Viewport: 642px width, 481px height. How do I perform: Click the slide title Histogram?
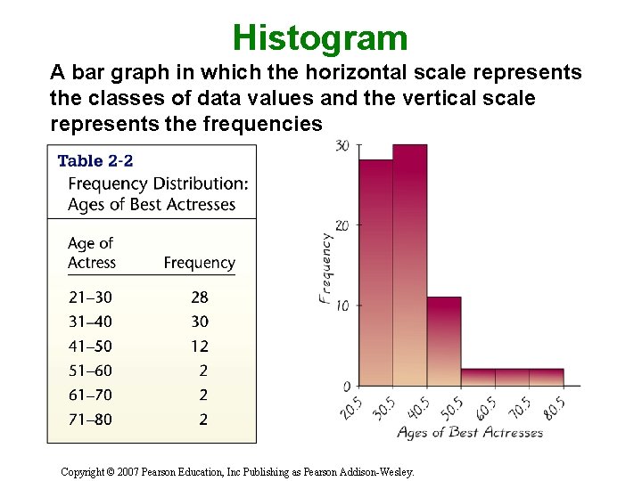(320, 38)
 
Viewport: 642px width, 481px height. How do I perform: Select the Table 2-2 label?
(95, 161)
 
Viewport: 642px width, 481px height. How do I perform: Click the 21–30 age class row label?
(90, 298)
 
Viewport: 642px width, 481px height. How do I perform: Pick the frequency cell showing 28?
(199, 298)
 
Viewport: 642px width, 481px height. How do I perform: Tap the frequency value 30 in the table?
(199, 322)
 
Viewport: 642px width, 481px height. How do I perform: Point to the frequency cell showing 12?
(199, 346)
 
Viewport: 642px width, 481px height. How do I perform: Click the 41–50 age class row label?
(90, 346)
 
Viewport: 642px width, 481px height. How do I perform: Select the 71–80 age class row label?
(90, 419)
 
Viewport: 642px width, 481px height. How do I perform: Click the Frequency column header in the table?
(199, 263)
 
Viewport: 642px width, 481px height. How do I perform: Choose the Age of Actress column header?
(92, 253)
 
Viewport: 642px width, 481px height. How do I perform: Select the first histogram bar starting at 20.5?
(375, 273)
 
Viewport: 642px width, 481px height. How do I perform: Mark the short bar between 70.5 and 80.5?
(547, 378)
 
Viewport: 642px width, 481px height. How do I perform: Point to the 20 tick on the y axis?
(342, 224)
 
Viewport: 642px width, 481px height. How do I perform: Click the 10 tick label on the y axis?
(342, 306)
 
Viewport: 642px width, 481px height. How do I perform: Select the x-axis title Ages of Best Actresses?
(469, 433)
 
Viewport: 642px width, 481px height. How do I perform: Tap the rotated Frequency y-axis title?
(325, 268)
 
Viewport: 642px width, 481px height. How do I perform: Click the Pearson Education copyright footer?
(237, 472)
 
